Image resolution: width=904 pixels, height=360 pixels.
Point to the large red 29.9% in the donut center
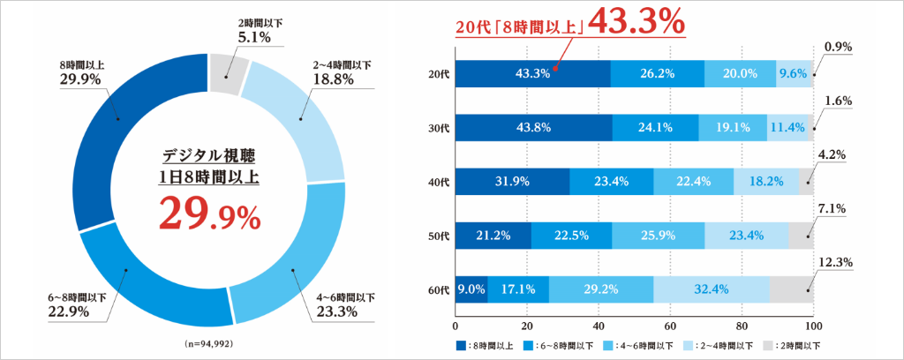(209, 214)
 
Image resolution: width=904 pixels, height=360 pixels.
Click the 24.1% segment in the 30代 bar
(655, 127)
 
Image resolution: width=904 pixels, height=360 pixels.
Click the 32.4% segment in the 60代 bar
(712, 289)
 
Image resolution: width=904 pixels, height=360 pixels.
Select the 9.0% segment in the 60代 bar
(471, 289)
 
